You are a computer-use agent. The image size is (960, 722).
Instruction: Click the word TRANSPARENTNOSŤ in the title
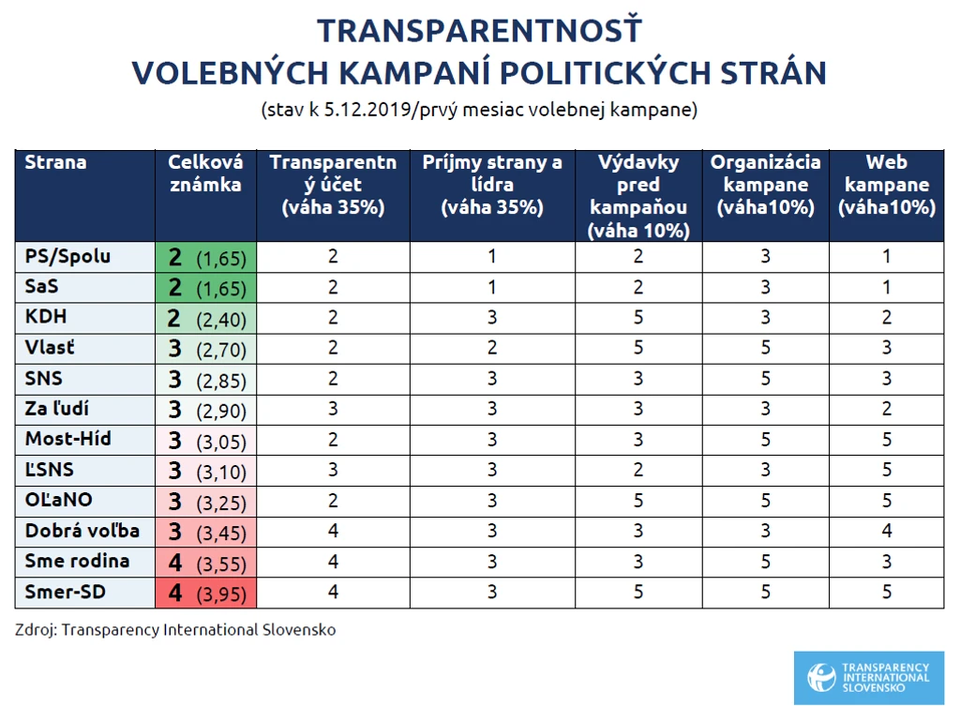479,31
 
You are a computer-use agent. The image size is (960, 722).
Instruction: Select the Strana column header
55,162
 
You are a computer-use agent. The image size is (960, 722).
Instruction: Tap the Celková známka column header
205,173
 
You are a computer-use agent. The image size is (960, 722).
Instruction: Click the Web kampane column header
887,185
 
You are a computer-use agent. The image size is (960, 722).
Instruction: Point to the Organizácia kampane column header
765,185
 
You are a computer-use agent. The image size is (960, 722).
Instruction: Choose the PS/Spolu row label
67,256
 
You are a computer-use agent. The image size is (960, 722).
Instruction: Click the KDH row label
45,317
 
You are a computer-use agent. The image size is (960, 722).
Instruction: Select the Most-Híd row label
67,439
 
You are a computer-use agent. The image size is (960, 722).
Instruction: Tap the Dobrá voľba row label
82,531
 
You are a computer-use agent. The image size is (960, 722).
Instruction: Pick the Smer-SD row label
65,592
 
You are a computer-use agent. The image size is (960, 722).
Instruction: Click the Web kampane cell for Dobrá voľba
887,531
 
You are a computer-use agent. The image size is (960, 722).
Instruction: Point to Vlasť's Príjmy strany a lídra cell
492,348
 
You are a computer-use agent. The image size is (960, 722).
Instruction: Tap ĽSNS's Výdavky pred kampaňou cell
637,470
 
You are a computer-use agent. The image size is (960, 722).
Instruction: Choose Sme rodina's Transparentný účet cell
333,562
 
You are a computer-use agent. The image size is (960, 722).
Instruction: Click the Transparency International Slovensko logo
869,677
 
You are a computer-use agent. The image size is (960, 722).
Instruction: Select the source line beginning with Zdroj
175,630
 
